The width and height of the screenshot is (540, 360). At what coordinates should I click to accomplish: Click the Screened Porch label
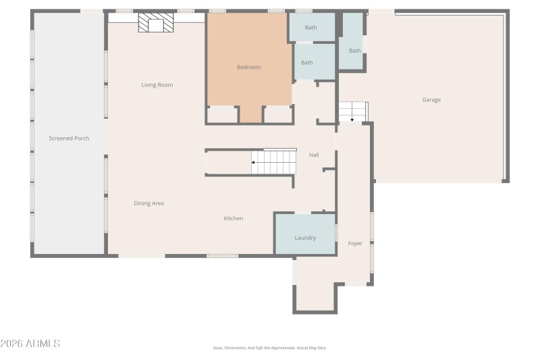pyautogui.click(x=69, y=138)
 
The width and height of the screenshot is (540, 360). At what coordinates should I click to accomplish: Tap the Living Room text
pyautogui.click(x=157, y=85)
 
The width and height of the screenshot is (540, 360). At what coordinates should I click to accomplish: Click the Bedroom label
pyautogui.click(x=248, y=68)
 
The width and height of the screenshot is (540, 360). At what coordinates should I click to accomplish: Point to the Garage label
pyautogui.click(x=431, y=100)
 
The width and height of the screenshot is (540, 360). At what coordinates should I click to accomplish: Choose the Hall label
pyautogui.click(x=314, y=155)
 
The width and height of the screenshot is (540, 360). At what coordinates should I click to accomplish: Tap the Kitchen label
pyautogui.click(x=234, y=219)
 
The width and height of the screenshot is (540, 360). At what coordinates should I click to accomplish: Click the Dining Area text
pyautogui.click(x=148, y=203)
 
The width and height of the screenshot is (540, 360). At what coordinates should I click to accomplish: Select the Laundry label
pyautogui.click(x=305, y=238)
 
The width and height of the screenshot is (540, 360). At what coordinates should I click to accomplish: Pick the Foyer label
pyautogui.click(x=355, y=243)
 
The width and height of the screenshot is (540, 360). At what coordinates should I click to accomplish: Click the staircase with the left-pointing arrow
pyautogui.click(x=273, y=162)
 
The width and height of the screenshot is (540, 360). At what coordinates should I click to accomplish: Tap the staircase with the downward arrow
pyautogui.click(x=352, y=111)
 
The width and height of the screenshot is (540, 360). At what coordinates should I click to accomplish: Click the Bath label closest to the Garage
pyautogui.click(x=354, y=51)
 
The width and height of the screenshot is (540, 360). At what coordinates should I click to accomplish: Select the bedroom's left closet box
pyautogui.click(x=222, y=115)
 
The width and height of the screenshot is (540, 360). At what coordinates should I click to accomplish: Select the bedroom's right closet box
pyautogui.click(x=277, y=115)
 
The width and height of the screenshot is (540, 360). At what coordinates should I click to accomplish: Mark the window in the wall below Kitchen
pyautogui.click(x=222, y=256)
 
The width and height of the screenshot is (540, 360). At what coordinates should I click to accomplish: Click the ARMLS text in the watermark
pyautogui.click(x=42, y=344)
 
